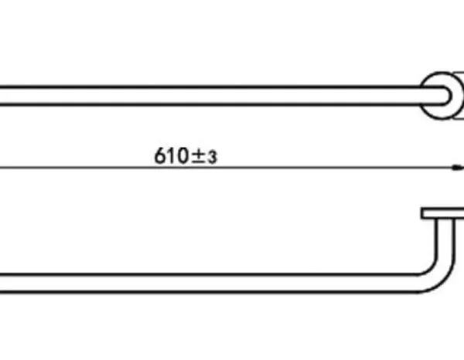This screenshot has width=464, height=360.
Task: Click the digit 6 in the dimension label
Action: click(x=160, y=156)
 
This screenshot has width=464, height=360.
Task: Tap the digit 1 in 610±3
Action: click(x=171, y=156)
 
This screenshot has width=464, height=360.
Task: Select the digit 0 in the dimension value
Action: click(x=183, y=156)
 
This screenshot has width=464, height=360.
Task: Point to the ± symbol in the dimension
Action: click(x=198, y=156)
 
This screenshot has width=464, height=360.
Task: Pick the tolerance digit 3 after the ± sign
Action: click(x=212, y=158)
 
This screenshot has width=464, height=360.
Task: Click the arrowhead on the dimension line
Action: click(x=458, y=168)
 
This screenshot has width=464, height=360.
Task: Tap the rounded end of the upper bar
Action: click(x=448, y=96)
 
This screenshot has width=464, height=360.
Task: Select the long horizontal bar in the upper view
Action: click(x=225, y=96)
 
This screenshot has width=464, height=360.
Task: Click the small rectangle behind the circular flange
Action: click(x=459, y=96)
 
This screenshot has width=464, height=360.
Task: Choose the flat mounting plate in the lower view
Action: click(x=442, y=213)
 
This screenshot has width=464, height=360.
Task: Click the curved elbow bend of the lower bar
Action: click(x=438, y=277)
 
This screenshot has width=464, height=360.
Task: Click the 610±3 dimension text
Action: click(x=186, y=156)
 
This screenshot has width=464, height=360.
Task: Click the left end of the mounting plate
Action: click(x=421, y=213)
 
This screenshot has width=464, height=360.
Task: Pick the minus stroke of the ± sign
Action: click(x=198, y=162)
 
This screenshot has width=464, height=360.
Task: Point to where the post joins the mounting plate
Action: click(x=445, y=219)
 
